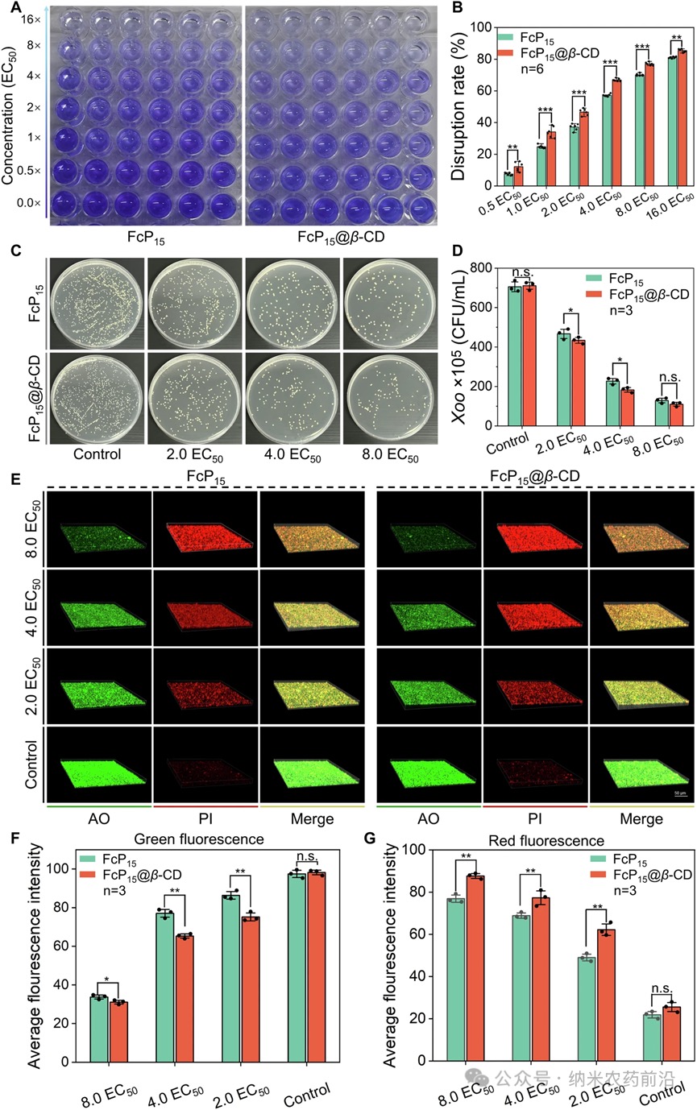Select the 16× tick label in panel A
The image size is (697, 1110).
32,18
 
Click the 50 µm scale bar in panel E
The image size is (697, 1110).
679,792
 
